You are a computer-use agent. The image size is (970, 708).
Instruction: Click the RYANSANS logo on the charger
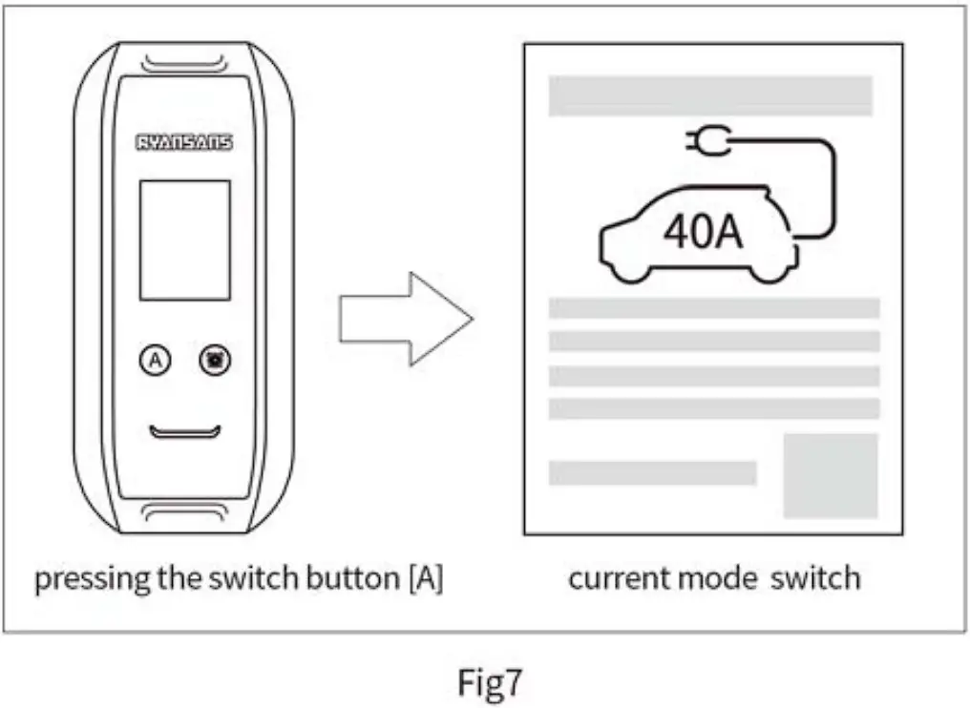pos(184,143)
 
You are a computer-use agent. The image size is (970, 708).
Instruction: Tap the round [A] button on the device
pos(155,360)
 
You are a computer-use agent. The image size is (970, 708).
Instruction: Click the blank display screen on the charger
pos(185,239)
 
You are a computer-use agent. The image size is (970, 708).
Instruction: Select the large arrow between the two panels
pos(406,319)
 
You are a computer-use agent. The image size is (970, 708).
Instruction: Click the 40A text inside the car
pos(704,232)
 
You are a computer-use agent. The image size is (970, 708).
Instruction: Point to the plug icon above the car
pos(706,143)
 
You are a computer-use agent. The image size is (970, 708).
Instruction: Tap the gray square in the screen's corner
pos(830,475)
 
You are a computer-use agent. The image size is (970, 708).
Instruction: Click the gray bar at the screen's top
pos(710,95)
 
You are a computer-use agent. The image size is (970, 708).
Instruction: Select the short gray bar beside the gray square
pos(652,473)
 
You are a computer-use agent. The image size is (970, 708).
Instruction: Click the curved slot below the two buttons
pos(185,432)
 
